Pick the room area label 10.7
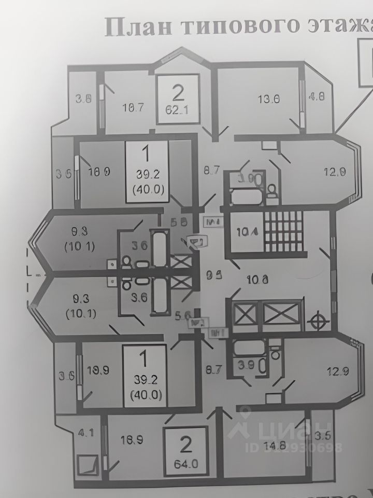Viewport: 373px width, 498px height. click(x=133, y=108)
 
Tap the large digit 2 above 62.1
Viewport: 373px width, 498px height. click(x=178, y=93)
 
